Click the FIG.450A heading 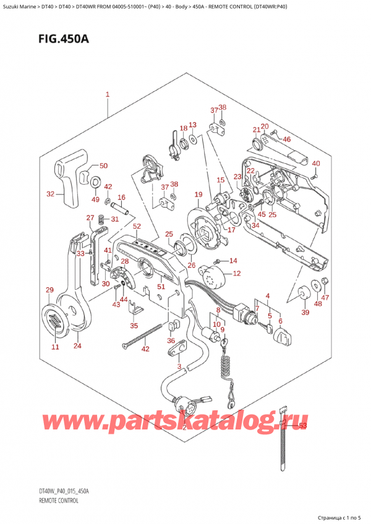[x=59, y=39]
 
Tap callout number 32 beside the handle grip [x=51, y=194]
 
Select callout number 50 [x=103, y=166]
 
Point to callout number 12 [x=237, y=273]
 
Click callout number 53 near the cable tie [x=302, y=425]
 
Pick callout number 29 [x=49, y=290]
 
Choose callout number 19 [x=198, y=195]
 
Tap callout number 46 [x=286, y=140]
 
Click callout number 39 [x=304, y=313]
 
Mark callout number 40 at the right [x=316, y=164]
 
